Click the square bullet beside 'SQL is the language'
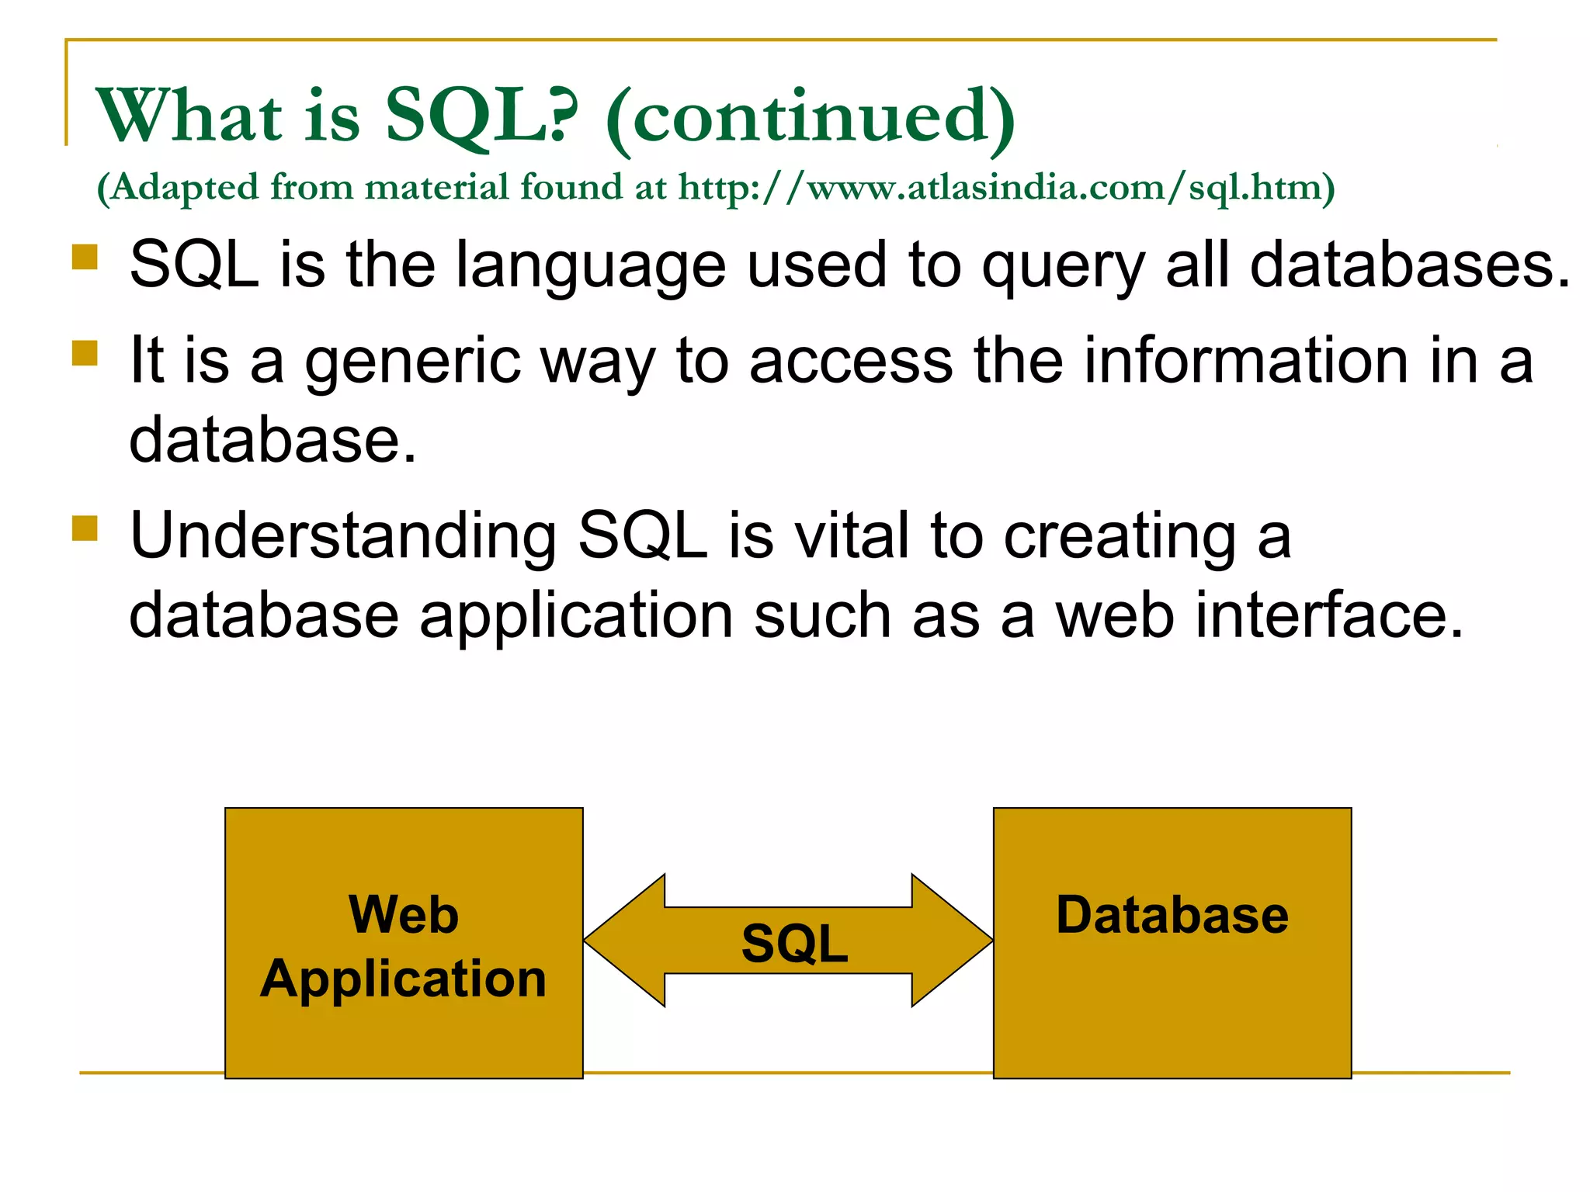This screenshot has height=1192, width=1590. [x=85, y=257]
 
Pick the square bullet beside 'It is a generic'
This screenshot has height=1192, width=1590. [x=85, y=353]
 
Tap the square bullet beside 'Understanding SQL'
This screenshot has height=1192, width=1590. [x=85, y=528]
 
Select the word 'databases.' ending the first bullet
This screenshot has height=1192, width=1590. [x=1409, y=265]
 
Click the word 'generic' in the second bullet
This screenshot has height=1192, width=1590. [x=412, y=362]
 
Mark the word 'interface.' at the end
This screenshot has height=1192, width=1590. [x=1328, y=615]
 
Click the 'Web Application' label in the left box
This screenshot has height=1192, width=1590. [x=404, y=946]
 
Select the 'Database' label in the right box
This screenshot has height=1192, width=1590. [x=1172, y=915]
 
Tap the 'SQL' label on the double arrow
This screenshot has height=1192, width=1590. [x=794, y=944]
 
